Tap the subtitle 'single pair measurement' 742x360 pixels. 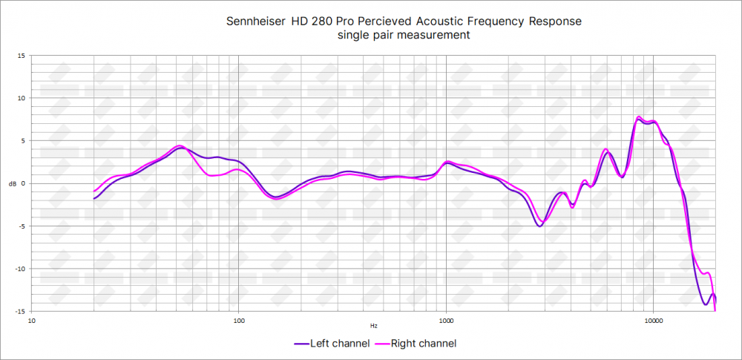tap(403, 35)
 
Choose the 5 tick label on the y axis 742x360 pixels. tap(23, 141)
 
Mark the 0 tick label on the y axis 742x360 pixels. tap(23, 183)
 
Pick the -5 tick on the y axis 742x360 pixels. tap(22, 226)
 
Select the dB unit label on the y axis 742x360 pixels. tap(10, 183)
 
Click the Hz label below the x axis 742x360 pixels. tap(373, 326)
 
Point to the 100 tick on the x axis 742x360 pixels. tap(239, 321)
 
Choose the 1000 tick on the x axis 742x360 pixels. tap(446, 321)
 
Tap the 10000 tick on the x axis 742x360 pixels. tap(653, 321)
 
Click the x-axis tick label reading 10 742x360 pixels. tap(32, 321)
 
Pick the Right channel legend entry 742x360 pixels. tap(417, 344)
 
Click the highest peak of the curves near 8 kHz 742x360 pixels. tap(639, 117)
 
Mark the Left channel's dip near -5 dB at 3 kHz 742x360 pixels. tap(539, 226)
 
